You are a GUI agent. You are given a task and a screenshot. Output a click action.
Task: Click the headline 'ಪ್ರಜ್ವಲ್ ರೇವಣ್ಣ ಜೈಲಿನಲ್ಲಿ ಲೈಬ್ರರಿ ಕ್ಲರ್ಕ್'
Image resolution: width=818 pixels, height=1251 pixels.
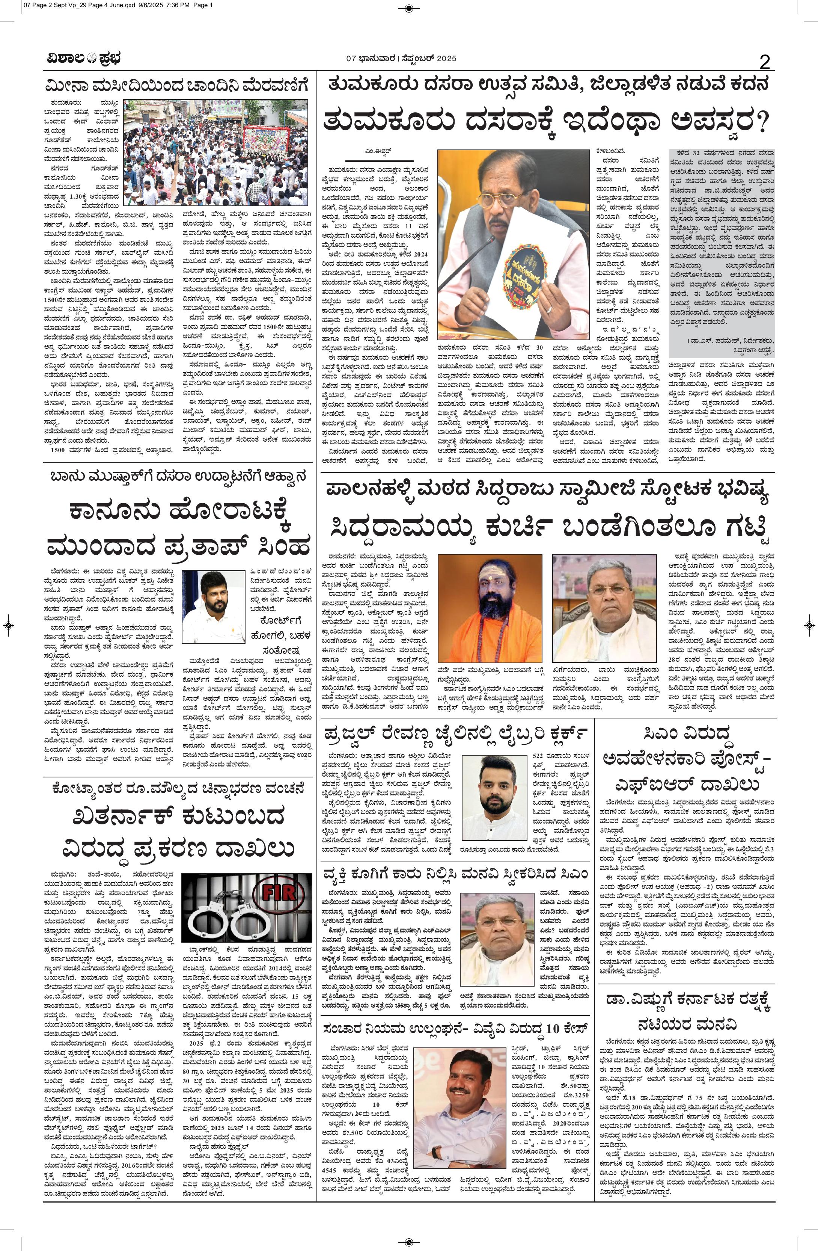[455, 734]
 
